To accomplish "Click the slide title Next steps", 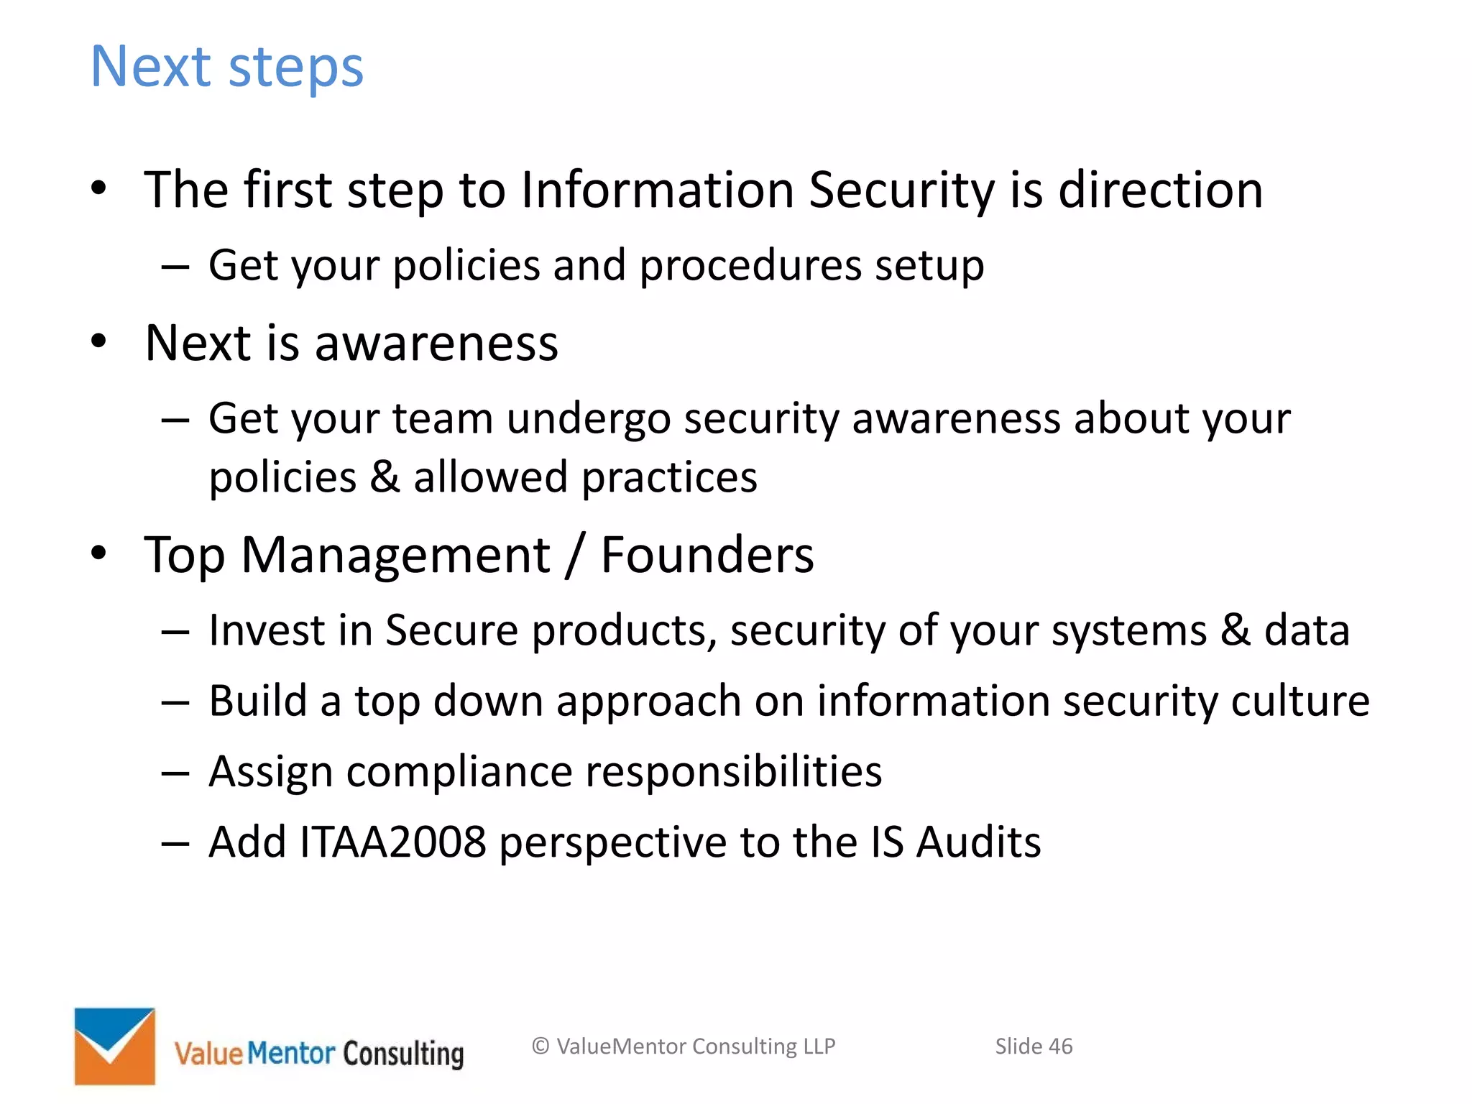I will (226, 66).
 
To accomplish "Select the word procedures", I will (750, 266).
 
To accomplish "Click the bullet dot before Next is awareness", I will (99, 341).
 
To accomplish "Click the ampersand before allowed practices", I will (385, 477).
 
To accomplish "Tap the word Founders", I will (707, 555).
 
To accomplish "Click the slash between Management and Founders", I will (573, 555).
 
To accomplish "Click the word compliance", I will (459, 772).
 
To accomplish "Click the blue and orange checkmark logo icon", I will (115, 1046).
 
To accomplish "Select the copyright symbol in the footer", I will (540, 1046).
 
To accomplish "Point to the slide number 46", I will (1060, 1046).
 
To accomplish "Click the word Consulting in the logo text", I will (403, 1054).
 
